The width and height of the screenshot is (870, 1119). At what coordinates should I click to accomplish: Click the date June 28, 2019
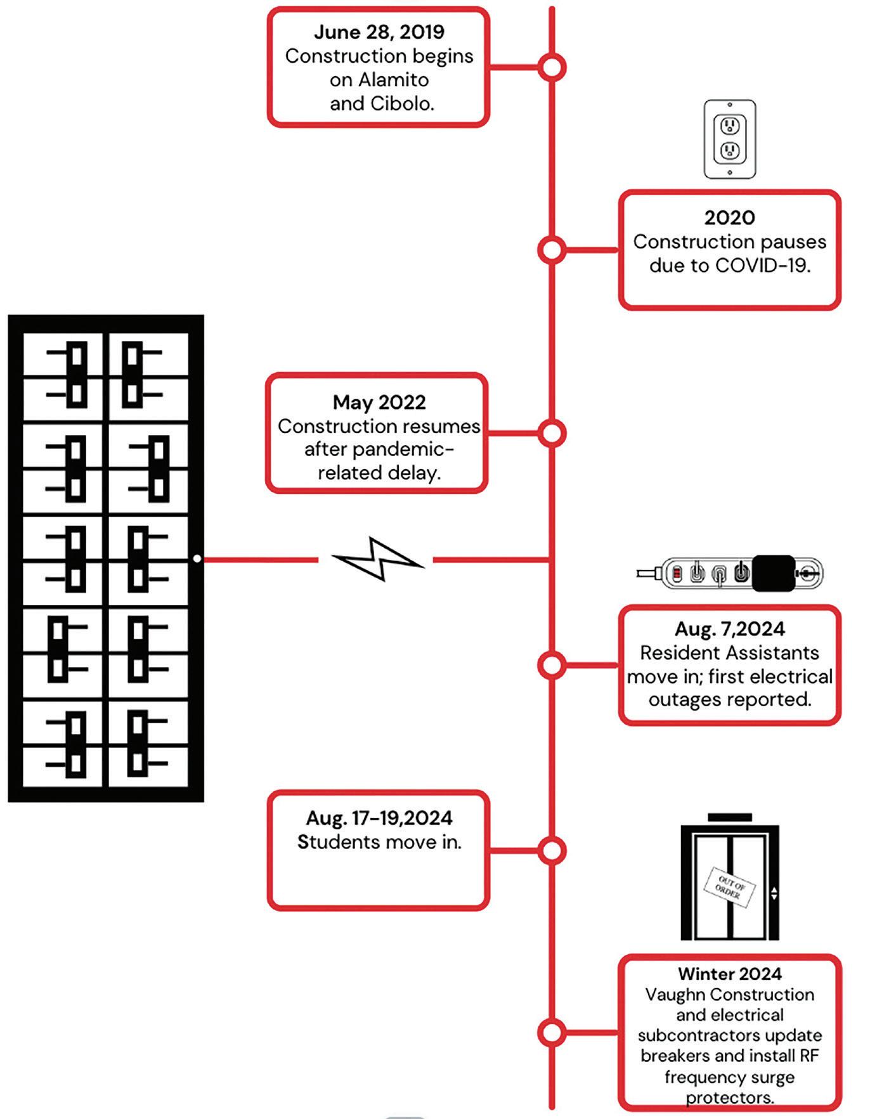click(x=379, y=32)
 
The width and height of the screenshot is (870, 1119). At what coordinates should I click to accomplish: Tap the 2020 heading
click(x=729, y=217)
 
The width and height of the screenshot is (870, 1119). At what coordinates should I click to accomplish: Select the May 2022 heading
click(x=379, y=402)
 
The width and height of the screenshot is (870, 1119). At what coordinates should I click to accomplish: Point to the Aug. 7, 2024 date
click(x=729, y=628)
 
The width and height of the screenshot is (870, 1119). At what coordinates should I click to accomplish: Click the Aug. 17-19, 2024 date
click(x=379, y=817)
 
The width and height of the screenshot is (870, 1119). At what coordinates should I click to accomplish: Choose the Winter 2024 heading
click(x=729, y=973)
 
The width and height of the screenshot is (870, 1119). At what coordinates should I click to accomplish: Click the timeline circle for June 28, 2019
click(x=552, y=67)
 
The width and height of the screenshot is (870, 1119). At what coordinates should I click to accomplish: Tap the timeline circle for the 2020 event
click(x=552, y=250)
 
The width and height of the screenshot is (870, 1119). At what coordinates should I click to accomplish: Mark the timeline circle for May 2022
click(x=552, y=433)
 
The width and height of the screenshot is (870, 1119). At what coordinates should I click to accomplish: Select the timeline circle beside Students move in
click(x=552, y=851)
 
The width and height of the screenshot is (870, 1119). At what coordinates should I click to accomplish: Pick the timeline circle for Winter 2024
click(x=552, y=1033)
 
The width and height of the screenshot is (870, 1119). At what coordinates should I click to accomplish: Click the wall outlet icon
click(x=730, y=139)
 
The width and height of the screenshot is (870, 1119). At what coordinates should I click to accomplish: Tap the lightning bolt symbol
click(x=379, y=559)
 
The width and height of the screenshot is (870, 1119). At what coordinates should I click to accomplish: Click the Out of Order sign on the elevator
click(x=729, y=887)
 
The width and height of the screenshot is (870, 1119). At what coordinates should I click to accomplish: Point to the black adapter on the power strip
click(x=774, y=573)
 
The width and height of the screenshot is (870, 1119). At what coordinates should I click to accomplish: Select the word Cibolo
click(x=399, y=103)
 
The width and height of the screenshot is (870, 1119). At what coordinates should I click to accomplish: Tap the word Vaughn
click(x=674, y=994)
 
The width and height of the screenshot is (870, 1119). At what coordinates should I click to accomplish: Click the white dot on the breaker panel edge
click(x=197, y=559)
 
